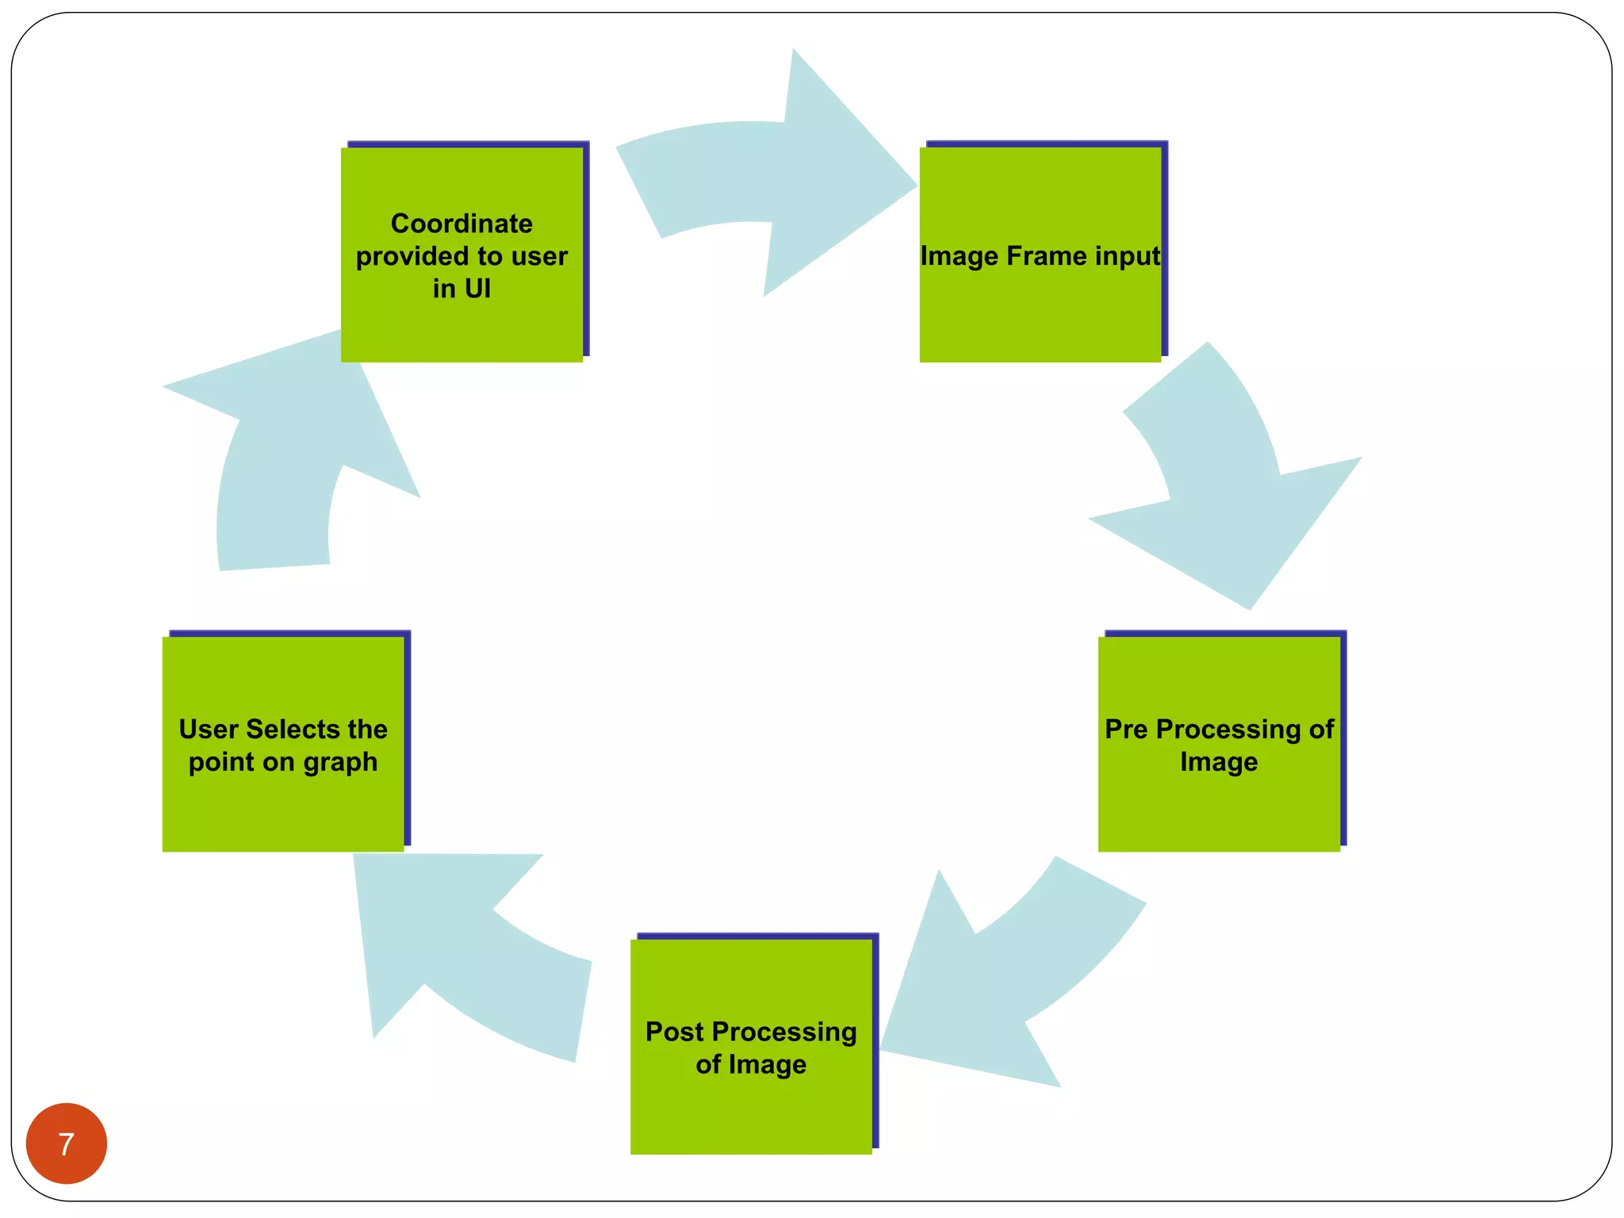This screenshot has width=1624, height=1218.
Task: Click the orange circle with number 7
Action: point(66,1143)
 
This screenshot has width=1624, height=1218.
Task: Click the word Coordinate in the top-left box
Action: point(462,224)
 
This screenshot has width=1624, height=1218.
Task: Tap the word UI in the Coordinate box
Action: point(477,289)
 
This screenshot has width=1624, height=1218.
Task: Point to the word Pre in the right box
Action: point(1126,729)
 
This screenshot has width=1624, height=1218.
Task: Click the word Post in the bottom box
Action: point(674,1032)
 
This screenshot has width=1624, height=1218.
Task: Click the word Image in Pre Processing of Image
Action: point(1219,762)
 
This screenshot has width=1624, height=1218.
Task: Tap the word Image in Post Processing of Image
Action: point(768,1064)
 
